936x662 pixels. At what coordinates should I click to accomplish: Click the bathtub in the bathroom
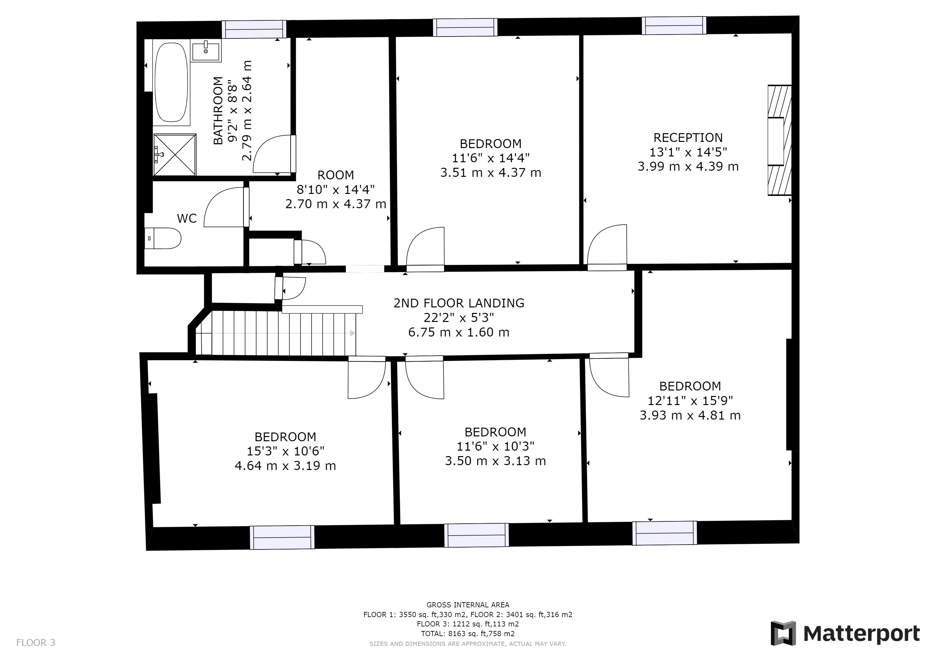[x=172, y=82]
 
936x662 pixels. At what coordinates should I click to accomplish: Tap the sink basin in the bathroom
[x=206, y=51]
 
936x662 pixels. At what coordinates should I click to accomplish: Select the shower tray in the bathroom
[x=175, y=155]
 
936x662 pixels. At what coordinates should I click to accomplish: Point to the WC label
[x=187, y=219]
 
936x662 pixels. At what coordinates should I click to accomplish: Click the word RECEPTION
[x=688, y=138]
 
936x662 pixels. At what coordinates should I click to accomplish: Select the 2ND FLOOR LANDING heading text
[x=459, y=303]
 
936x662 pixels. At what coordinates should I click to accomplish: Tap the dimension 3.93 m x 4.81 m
[x=690, y=415]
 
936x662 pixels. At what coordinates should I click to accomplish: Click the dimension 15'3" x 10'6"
[x=285, y=451]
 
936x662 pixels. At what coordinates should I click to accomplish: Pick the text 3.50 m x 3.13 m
[x=495, y=461]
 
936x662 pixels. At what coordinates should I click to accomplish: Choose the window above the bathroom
[x=254, y=29]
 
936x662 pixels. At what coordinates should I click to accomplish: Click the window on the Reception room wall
[x=674, y=26]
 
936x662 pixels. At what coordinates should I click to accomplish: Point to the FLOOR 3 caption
[x=36, y=643]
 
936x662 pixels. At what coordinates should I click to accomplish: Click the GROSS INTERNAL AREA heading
[x=468, y=605]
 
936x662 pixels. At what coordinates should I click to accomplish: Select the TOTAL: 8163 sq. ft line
[x=468, y=634]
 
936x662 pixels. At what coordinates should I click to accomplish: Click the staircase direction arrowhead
[x=353, y=333]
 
